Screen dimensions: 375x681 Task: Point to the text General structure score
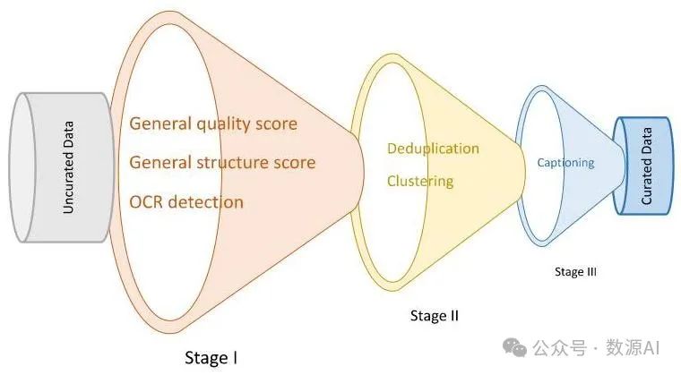222,163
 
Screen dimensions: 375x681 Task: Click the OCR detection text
185,202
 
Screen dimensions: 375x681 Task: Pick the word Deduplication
433,148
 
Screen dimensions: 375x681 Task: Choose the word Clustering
419,181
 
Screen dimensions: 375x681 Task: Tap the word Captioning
565,162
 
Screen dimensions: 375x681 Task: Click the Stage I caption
211,358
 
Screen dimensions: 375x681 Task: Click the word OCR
147,202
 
